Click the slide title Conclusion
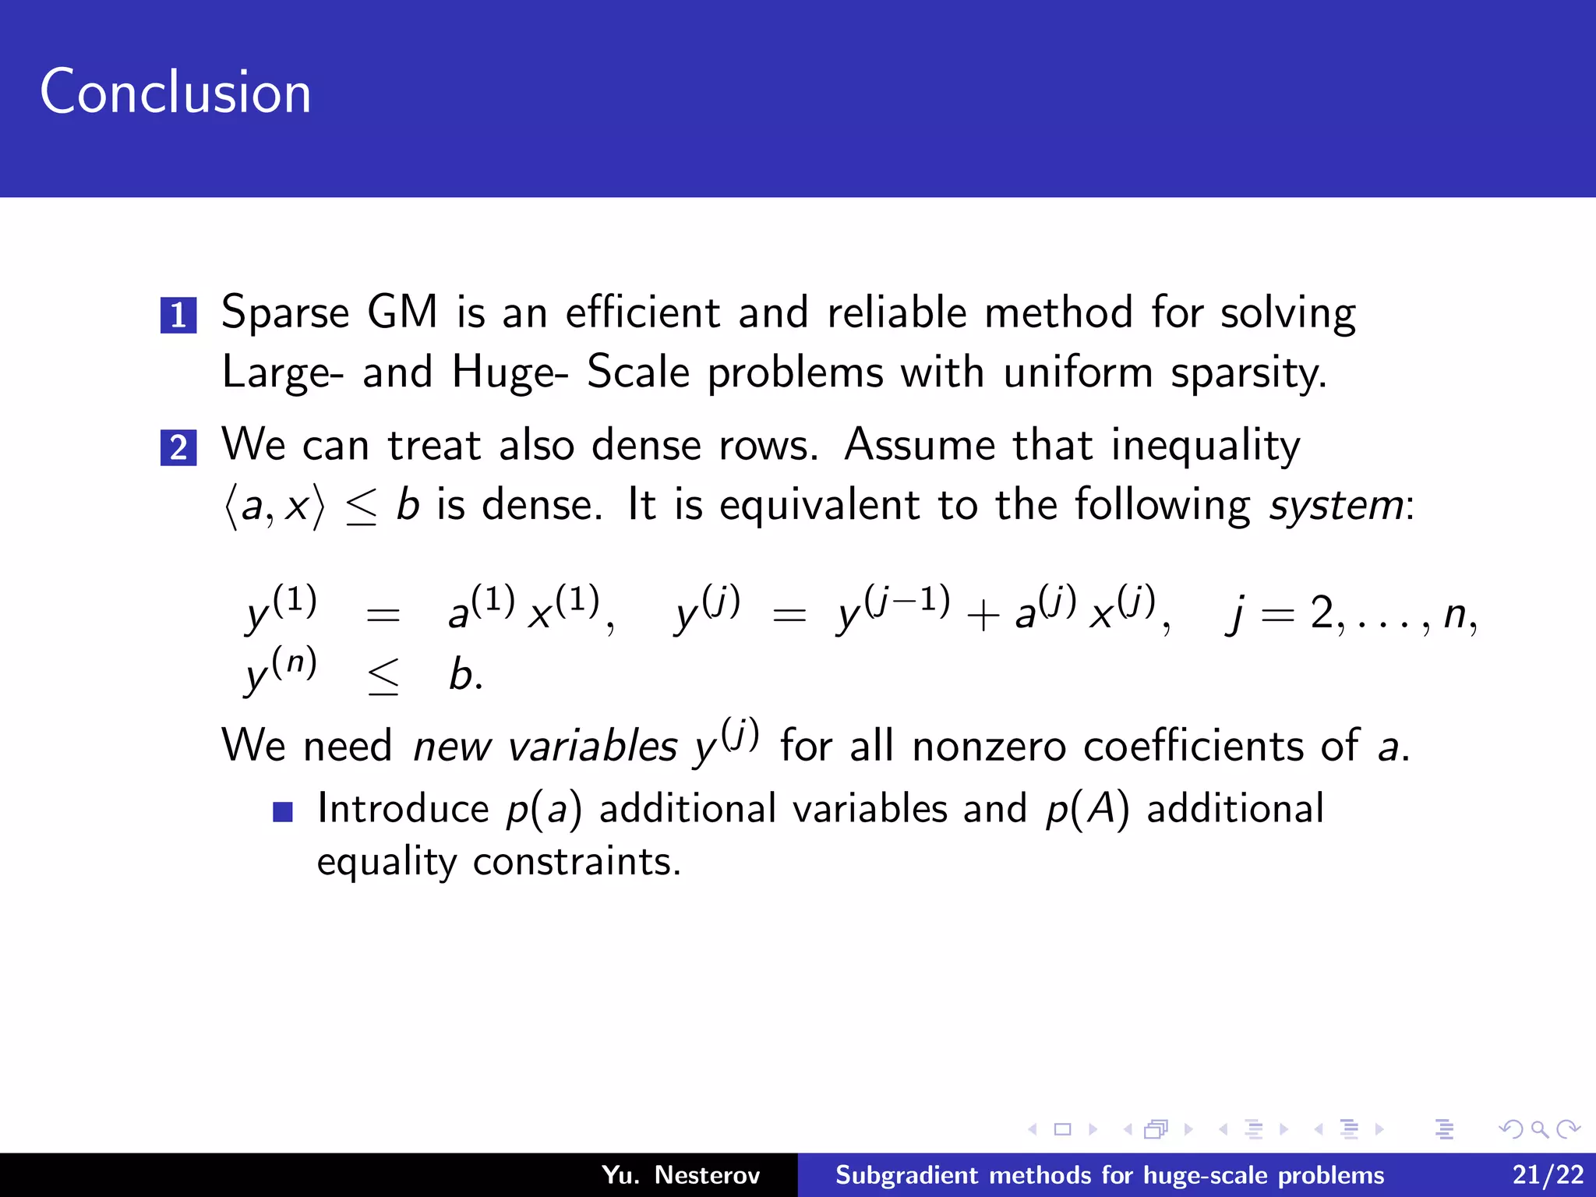[x=175, y=92]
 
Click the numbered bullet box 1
[x=178, y=315]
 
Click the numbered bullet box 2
[x=178, y=447]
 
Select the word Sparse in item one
[x=285, y=313]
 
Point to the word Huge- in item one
[x=510, y=373]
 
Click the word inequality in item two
[x=1206, y=446]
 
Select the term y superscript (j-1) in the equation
[x=892, y=609]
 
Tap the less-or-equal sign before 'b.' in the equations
[x=383, y=676]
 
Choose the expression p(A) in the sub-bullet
[x=1087, y=809]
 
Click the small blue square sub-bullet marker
[x=283, y=812]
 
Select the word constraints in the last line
[x=577, y=862]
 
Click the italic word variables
[x=592, y=746]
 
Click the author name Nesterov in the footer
[x=707, y=1174]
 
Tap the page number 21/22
[x=1548, y=1174]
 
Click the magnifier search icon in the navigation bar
[x=1539, y=1128]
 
